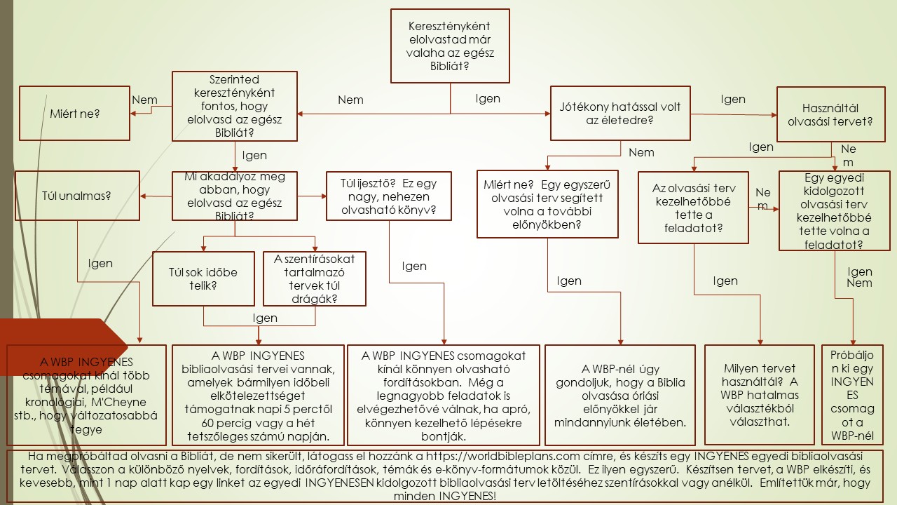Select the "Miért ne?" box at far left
point(75,113)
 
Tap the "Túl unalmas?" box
point(77,195)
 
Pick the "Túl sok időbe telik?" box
point(203,278)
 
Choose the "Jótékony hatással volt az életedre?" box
point(620,114)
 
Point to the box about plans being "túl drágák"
point(315,278)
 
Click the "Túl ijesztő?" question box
point(388,196)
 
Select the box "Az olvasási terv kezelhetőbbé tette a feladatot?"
point(693,208)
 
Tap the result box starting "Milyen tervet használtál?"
point(760,395)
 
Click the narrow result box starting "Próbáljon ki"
point(852,395)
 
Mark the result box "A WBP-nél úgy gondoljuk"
point(620,395)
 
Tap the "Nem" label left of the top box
point(350,100)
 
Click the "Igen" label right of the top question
point(488,98)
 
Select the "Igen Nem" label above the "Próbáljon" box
point(860,277)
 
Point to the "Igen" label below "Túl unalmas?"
point(100,263)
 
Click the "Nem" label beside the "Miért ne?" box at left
point(144,100)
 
